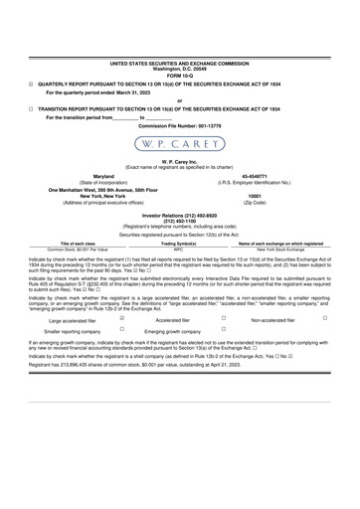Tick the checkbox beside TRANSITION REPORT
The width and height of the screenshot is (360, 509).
click(31, 106)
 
